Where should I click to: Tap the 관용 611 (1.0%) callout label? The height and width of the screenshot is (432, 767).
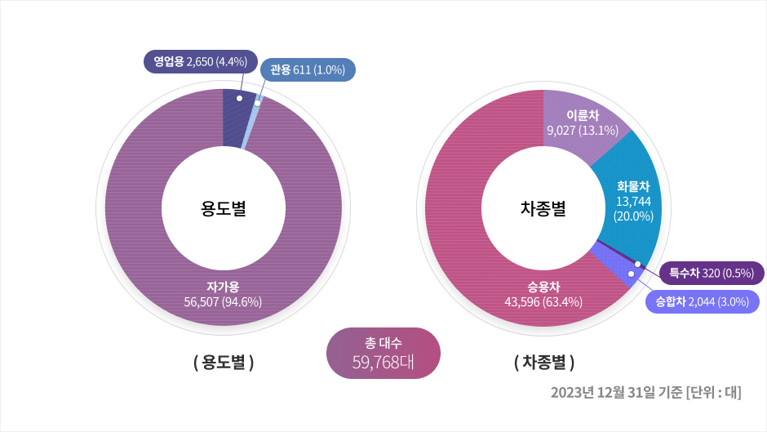pyautogui.click(x=308, y=70)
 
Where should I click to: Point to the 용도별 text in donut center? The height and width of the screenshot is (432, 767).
pyautogui.click(x=223, y=209)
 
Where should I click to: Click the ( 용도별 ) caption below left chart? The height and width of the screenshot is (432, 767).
pyautogui.click(x=223, y=362)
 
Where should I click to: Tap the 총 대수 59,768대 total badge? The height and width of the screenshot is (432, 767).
pyautogui.click(x=383, y=354)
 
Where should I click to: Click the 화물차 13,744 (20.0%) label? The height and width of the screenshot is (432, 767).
pyautogui.click(x=632, y=201)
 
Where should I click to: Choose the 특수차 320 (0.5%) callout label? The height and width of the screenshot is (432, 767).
pyautogui.click(x=711, y=273)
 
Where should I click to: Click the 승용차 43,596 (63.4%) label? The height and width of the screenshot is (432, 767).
pyautogui.click(x=543, y=294)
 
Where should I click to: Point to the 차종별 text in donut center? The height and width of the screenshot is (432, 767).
pyautogui.click(x=543, y=209)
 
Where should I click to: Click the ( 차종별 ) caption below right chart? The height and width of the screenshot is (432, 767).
pyautogui.click(x=544, y=362)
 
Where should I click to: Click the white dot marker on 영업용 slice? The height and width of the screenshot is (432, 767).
pyautogui.click(x=239, y=98)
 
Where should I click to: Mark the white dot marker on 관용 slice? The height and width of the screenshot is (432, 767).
pyautogui.click(x=257, y=103)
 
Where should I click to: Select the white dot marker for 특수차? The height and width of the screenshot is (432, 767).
pyautogui.click(x=636, y=264)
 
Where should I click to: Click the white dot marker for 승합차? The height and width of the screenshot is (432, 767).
pyautogui.click(x=631, y=274)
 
